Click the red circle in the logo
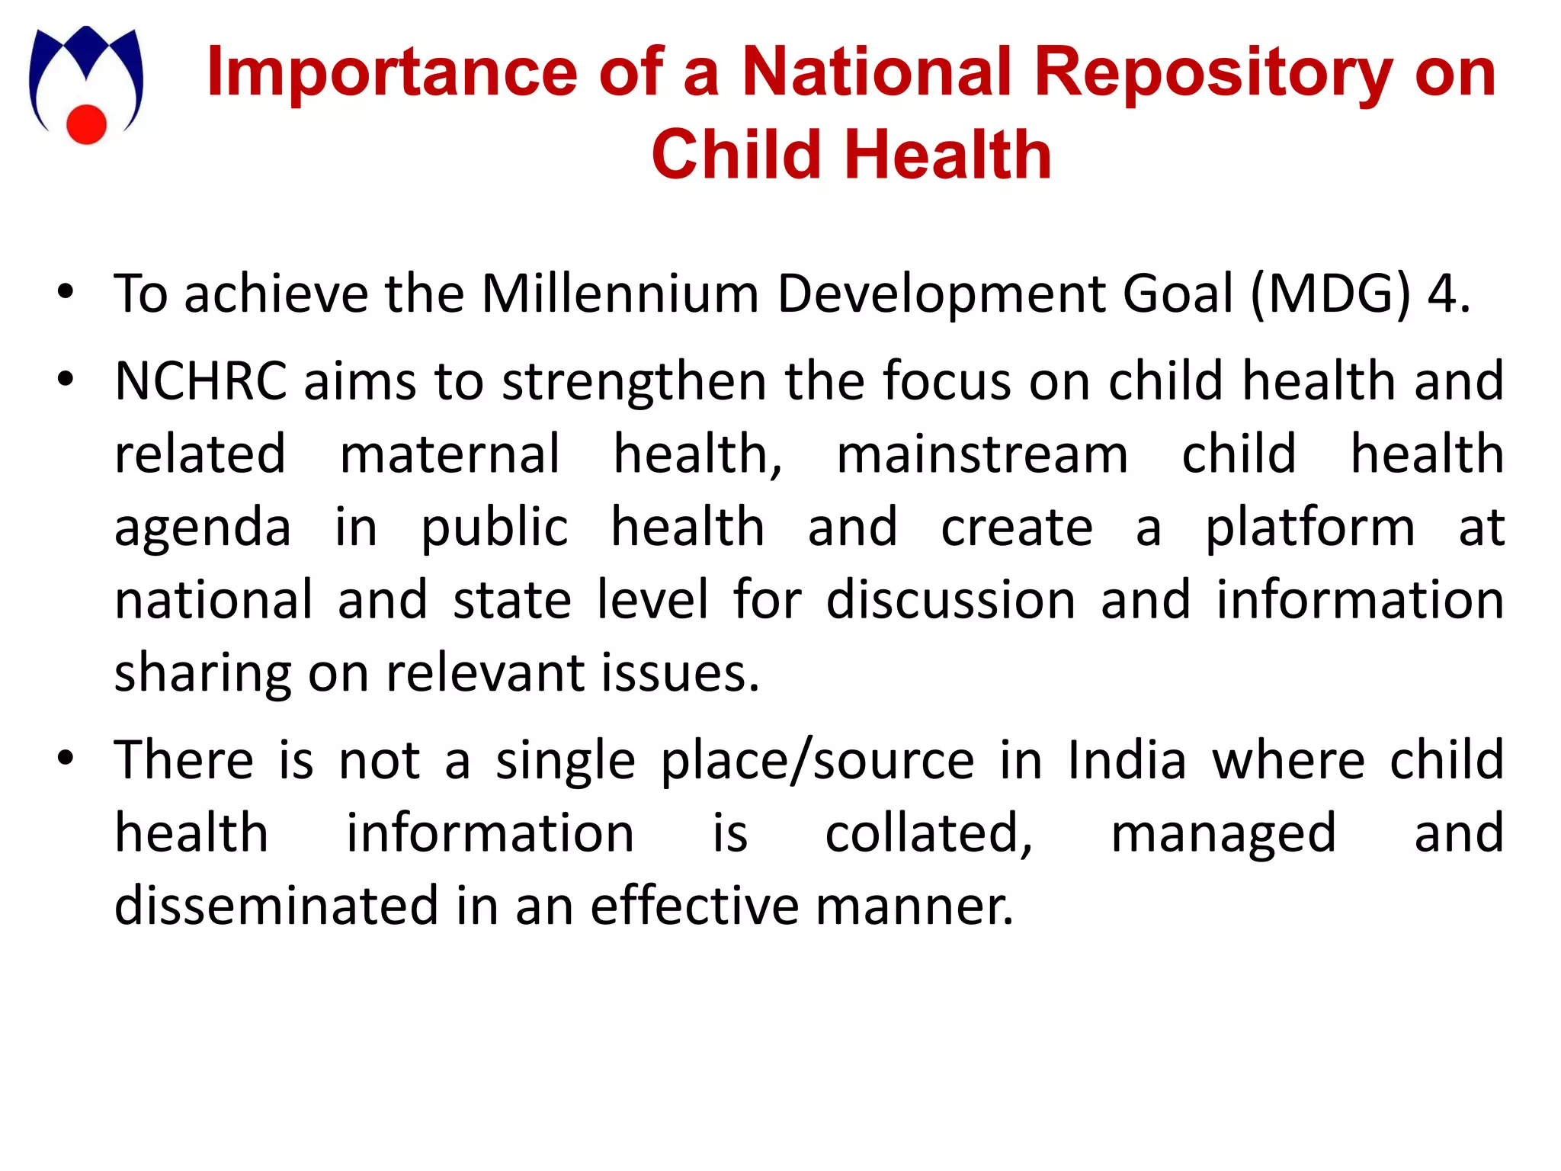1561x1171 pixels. click(86, 124)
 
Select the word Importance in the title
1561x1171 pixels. click(392, 72)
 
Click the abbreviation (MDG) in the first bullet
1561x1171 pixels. click(1331, 294)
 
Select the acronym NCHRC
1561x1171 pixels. click(200, 380)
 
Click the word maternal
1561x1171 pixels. click(450, 454)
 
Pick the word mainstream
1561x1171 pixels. click(982, 454)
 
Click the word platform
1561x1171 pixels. click(1309, 527)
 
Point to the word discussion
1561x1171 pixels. click(950, 599)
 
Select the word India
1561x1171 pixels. click(1127, 760)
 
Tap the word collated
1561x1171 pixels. click(928, 833)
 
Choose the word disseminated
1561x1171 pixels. click(277, 906)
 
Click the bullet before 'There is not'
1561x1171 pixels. click(66, 759)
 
